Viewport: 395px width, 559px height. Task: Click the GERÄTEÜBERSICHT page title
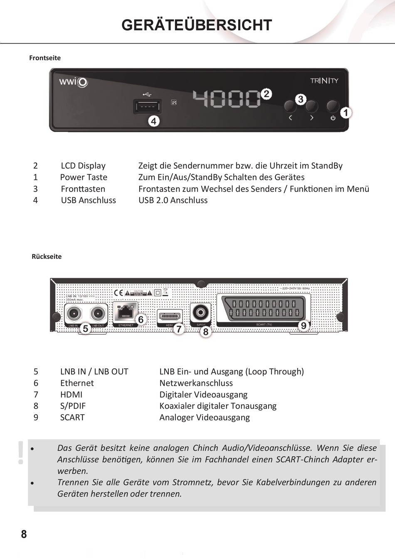[x=197, y=25]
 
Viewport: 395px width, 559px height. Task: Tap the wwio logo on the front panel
[x=73, y=81]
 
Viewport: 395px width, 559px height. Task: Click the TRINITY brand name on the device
[x=324, y=81]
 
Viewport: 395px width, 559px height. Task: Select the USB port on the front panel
[x=147, y=106]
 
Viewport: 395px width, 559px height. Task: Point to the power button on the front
[x=333, y=107]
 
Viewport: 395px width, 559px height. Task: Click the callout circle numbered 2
[x=266, y=94]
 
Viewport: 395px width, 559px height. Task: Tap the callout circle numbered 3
[x=301, y=99]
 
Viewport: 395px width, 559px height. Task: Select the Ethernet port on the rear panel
[x=126, y=312]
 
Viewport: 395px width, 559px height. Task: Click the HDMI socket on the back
[x=170, y=316]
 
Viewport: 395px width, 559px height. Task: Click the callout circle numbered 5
[x=86, y=329]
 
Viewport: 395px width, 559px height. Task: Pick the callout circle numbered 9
[x=304, y=326]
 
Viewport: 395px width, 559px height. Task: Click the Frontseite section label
[x=45, y=58]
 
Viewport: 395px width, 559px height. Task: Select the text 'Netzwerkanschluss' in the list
[x=196, y=383]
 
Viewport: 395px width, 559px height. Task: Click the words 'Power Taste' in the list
[x=84, y=177]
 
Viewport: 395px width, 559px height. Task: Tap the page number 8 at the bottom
[x=24, y=534]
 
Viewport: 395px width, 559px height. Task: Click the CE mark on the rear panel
[x=118, y=293]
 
